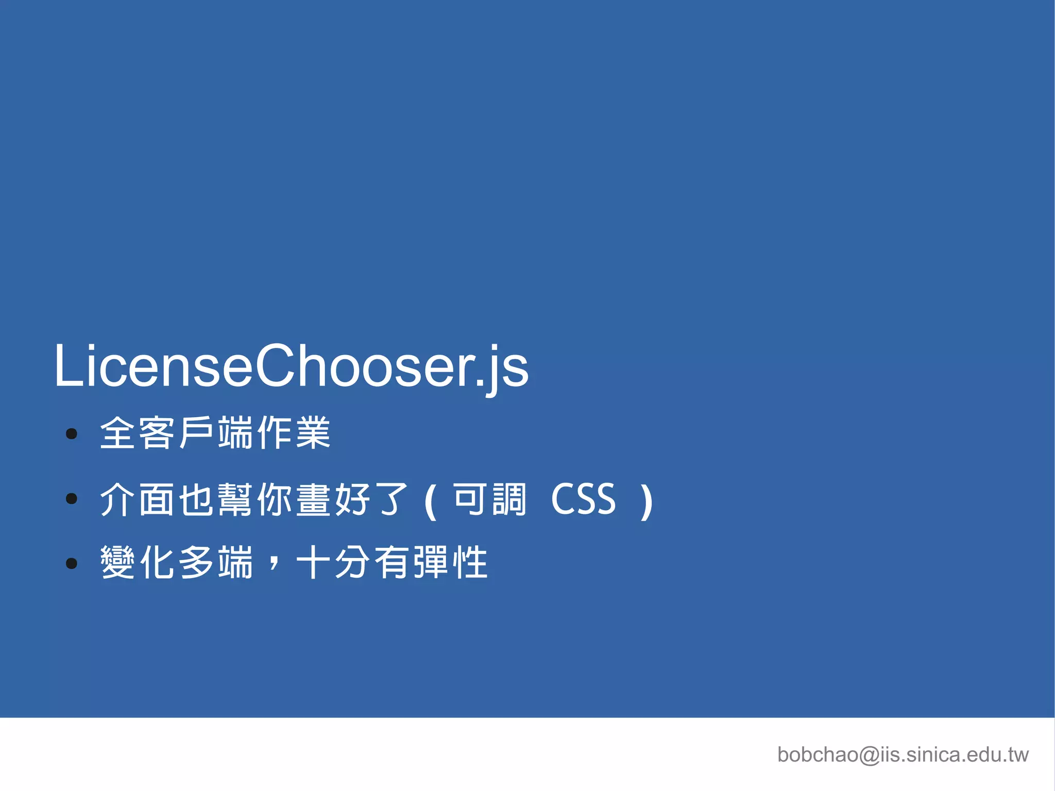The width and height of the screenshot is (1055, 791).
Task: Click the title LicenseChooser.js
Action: click(291, 366)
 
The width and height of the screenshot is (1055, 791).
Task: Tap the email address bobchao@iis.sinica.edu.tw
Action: click(903, 754)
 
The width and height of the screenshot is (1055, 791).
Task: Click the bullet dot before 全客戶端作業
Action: click(72, 434)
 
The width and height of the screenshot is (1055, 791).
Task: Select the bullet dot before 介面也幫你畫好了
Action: click(72, 498)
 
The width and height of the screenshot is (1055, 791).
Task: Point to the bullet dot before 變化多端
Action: click(72, 563)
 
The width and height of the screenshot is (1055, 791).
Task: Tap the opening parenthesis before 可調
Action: click(431, 501)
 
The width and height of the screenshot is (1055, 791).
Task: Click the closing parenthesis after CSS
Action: click(646, 501)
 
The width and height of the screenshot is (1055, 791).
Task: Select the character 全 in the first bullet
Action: click(118, 433)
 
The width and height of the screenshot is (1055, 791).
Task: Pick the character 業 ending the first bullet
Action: click(313, 433)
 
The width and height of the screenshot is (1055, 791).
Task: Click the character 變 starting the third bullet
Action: click(118, 562)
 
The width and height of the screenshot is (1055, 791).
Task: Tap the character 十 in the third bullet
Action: click(314, 562)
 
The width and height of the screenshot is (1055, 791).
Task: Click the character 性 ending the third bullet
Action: click(470, 562)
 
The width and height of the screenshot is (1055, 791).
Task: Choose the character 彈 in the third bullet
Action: click(431, 562)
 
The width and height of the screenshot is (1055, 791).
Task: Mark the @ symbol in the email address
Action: click(870, 755)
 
